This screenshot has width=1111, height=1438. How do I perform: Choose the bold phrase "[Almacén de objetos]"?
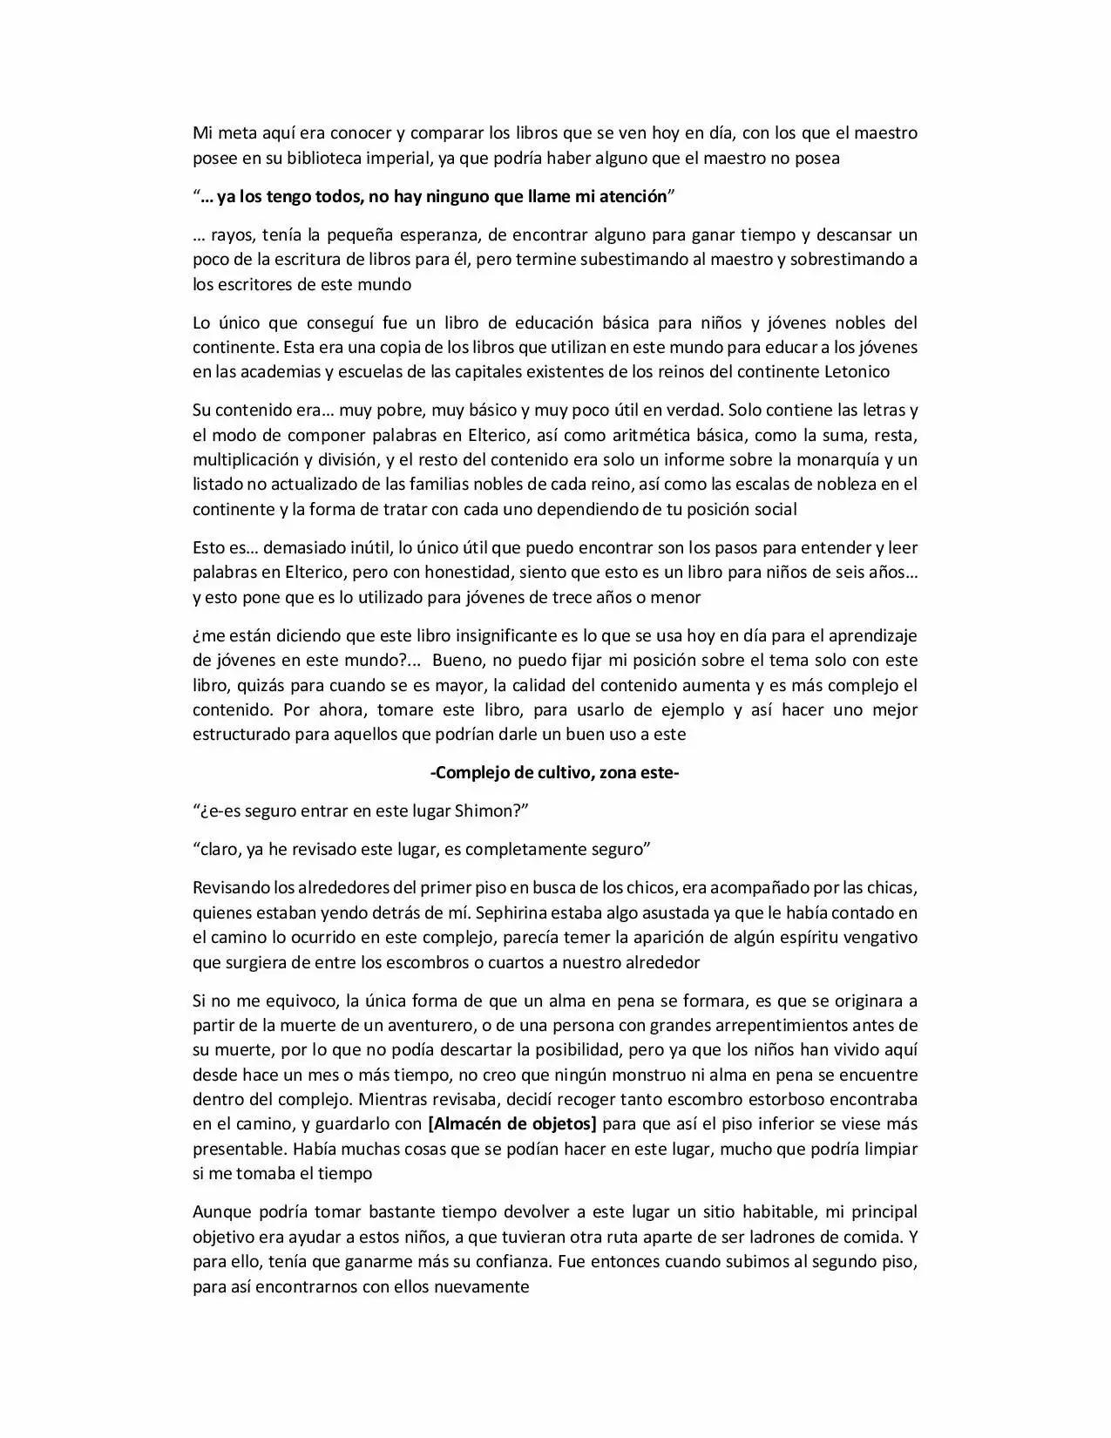(x=512, y=1124)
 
